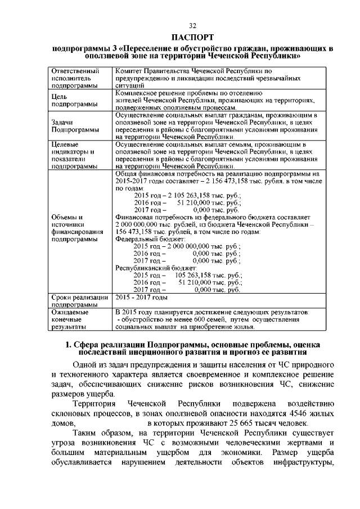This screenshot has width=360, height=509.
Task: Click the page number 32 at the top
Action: point(192,26)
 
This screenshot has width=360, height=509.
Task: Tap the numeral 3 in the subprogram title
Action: point(112,49)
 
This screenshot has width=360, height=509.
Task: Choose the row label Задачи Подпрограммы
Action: point(71,125)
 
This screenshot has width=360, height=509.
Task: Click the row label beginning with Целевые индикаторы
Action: point(73,155)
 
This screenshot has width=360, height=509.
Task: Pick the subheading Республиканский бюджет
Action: point(152,268)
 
